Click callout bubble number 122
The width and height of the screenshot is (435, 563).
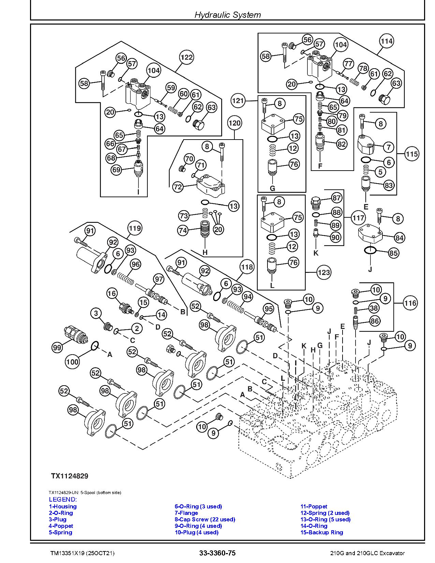click(x=187, y=57)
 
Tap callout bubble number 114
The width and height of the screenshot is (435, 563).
click(x=387, y=41)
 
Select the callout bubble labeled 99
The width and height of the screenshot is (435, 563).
click(x=57, y=347)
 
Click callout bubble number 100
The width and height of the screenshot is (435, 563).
click(x=72, y=361)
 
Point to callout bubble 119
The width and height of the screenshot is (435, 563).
click(x=134, y=228)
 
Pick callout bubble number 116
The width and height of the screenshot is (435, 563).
click(x=410, y=303)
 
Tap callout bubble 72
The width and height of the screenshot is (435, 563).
click(x=178, y=187)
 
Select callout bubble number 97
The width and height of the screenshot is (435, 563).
click(x=159, y=279)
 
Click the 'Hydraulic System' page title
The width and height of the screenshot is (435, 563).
click(x=227, y=15)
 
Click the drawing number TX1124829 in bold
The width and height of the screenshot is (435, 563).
click(x=70, y=476)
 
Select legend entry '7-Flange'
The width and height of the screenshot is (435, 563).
click(x=186, y=513)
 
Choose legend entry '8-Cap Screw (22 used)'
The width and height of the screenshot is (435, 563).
click(x=205, y=519)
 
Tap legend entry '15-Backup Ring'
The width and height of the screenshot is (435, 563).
click(x=321, y=532)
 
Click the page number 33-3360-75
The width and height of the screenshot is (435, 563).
click(x=217, y=553)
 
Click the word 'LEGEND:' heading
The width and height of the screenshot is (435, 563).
click(x=63, y=500)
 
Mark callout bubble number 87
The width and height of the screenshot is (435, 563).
click(x=336, y=198)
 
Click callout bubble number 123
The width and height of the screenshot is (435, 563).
click(x=324, y=272)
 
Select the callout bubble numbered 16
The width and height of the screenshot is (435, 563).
click(x=112, y=293)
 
